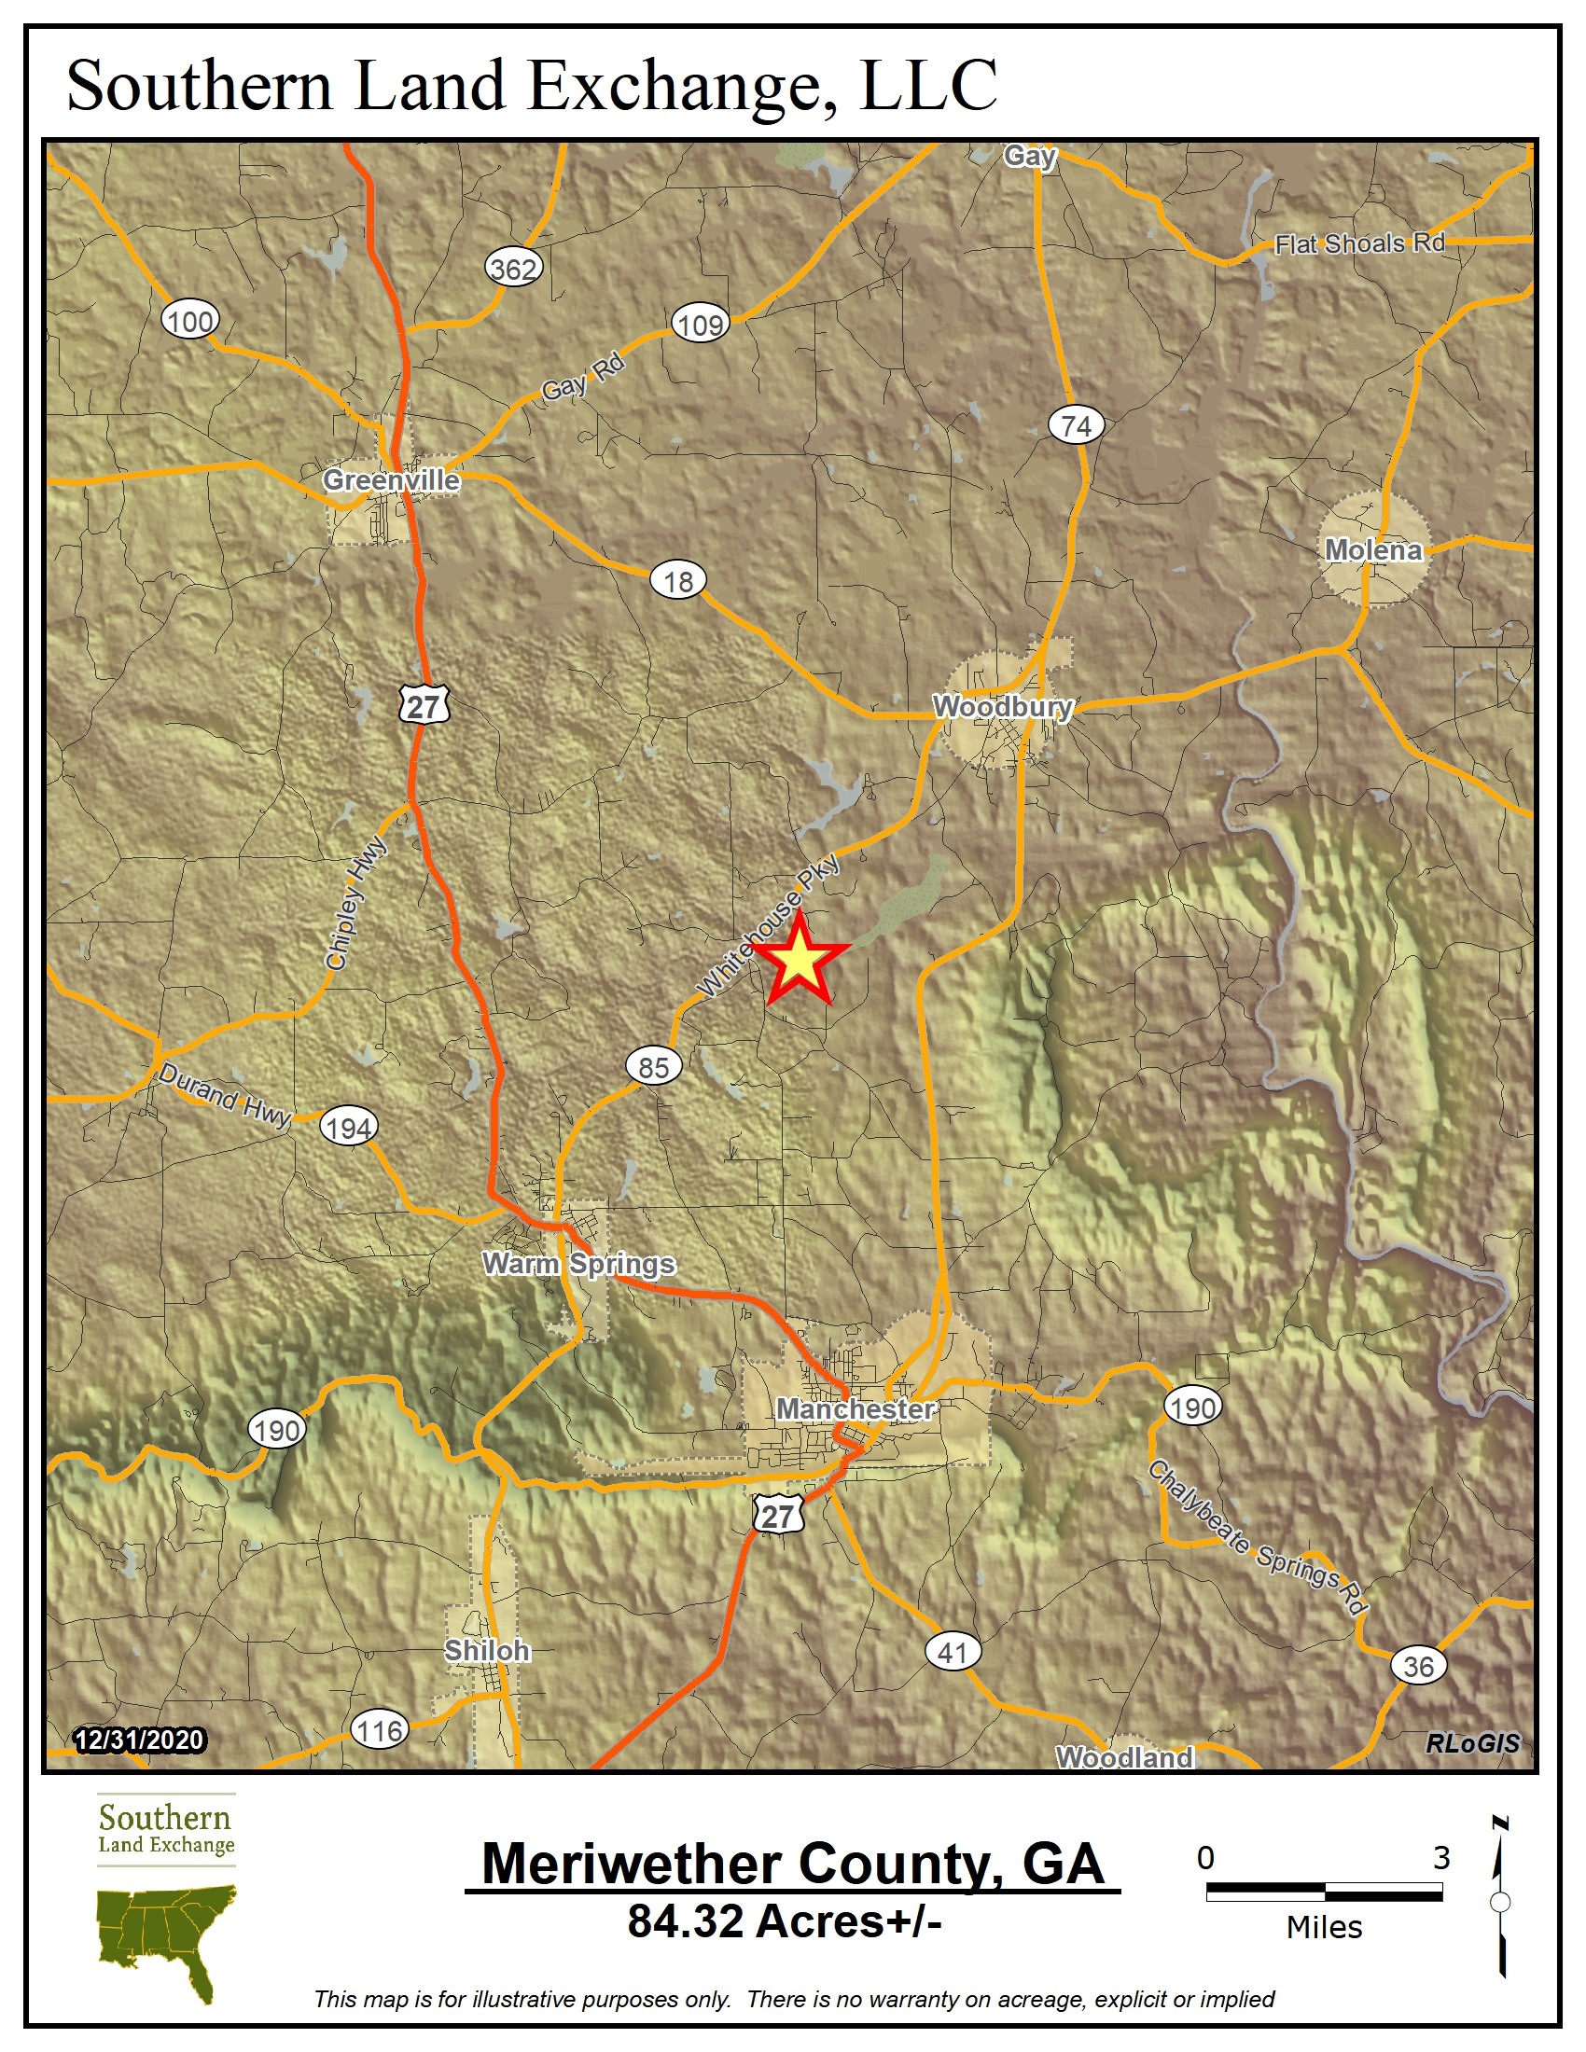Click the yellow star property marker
pyautogui.click(x=799, y=960)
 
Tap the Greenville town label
pyautogui.click(x=391, y=480)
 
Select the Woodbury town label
pyautogui.click(x=1002, y=707)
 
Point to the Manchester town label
pyautogui.click(x=855, y=1408)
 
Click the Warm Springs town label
pyautogui.click(x=578, y=1264)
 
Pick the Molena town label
pyautogui.click(x=1372, y=549)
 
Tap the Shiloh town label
pyautogui.click(x=487, y=1650)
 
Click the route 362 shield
pyautogui.click(x=514, y=270)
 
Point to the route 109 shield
pyautogui.click(x=700, y=326)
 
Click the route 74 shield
pyautogui.click(x=1076, y=425)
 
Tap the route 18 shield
pyautogui.click(x=677, y=582)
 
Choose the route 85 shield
pyautogui.click(x=653, y=1067)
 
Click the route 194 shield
pyautogui.click(x=349, y=1128)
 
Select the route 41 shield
pyautogui.click(x=953, y=1652)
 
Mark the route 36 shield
pyautogui.click(x=1418, y=1666)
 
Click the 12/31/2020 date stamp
pyautogui.click(x=139, y=1740)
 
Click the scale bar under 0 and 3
pyautogui.click(x=1323, y=1892)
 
